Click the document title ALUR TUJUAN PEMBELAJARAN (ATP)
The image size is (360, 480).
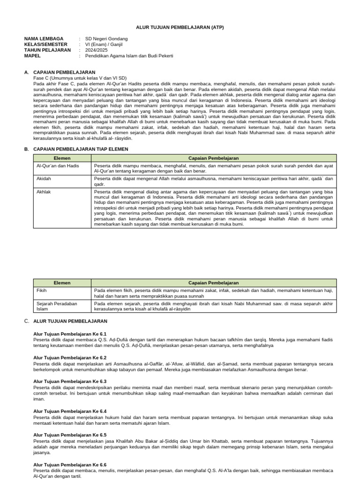coord(180,27)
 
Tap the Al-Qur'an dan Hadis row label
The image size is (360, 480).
coord(58,165)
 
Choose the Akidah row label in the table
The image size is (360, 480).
coord(44,179)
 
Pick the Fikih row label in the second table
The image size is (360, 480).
coord(42,290)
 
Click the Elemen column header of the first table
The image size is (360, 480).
coord(62,158)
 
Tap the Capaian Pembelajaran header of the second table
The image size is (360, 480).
coord(213,283)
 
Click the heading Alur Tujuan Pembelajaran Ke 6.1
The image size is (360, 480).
coord(70,333)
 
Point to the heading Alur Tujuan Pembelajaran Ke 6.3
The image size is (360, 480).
coord(70,381)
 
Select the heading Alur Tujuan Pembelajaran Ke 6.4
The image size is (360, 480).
coord(70,411)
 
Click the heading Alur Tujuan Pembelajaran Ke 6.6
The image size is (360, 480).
coord(70,465)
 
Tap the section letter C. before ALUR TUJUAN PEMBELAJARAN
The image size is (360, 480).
coord(26,321)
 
